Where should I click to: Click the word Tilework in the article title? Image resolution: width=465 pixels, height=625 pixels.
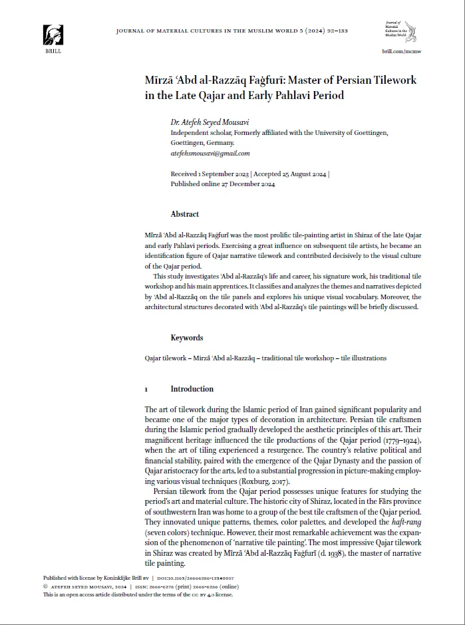tap(392, 80)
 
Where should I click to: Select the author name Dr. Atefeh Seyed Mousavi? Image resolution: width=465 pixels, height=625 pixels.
tap(208, 122)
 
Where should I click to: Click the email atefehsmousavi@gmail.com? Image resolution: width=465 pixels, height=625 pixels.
tap(210, 153)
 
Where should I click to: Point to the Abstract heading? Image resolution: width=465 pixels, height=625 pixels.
tap(185, 214)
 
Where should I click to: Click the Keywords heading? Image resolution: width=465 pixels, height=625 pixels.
tap(187, 338)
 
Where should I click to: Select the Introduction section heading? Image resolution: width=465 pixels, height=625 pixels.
tap(192, 389)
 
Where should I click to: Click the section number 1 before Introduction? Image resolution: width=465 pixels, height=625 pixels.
tap(146, 389)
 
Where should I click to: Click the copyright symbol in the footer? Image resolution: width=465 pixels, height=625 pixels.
tap(46, 587)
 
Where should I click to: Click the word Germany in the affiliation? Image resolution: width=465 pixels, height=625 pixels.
tap(220, 143)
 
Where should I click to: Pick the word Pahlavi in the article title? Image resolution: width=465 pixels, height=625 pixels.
tap(289, 95)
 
